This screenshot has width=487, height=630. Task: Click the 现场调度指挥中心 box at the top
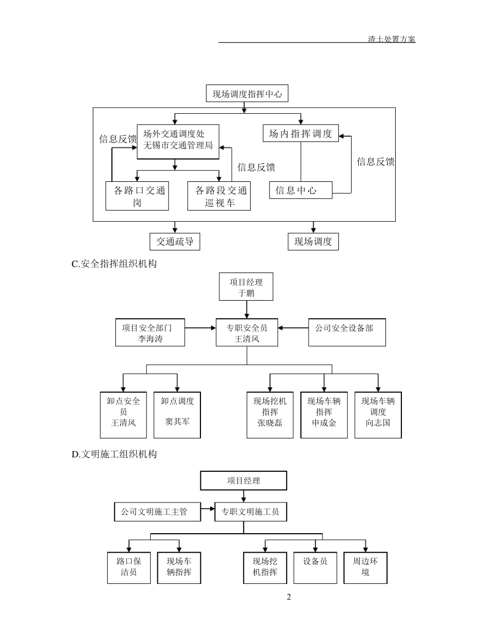pyautogui.click(x=247, y=94)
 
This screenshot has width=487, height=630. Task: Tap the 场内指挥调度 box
pyautogui.click(x=300, y=134)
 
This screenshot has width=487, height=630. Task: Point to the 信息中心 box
pyautogui.click(x=300, y=191)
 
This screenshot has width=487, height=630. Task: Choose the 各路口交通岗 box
pyautogui.click(x=137, y=196)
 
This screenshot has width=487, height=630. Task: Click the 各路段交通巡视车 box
pyautogui.click(x=219, y=196)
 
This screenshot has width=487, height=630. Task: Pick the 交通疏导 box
pyautogui.click(x=175, y=241)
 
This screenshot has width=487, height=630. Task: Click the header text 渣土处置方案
pyautogui.click(x=392, y=39)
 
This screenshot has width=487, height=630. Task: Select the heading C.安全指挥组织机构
pyautogui.click(x=114, y=264)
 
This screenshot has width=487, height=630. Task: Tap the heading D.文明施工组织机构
pyautogui.click(x=114, y=454)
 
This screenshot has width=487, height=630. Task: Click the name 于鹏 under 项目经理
pyautogui.click(x=246, y=293)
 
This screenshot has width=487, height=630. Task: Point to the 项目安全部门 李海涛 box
pyautogui.click(x=150, y=333)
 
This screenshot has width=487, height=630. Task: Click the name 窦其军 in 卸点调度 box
pyautogui.click(x=177, y=422)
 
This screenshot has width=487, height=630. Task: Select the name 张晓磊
pyautogui.click(x=270, y=423)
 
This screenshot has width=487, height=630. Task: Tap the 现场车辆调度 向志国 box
pyautogui.click(x=378, y=415)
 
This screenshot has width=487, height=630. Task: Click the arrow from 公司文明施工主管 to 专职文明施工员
pyautogui.click(x=208, y=509)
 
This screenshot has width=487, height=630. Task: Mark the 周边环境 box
pyautogui.click(x=365, y=568)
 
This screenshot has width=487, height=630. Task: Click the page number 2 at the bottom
pyautogui.click(x=289, y=597)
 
